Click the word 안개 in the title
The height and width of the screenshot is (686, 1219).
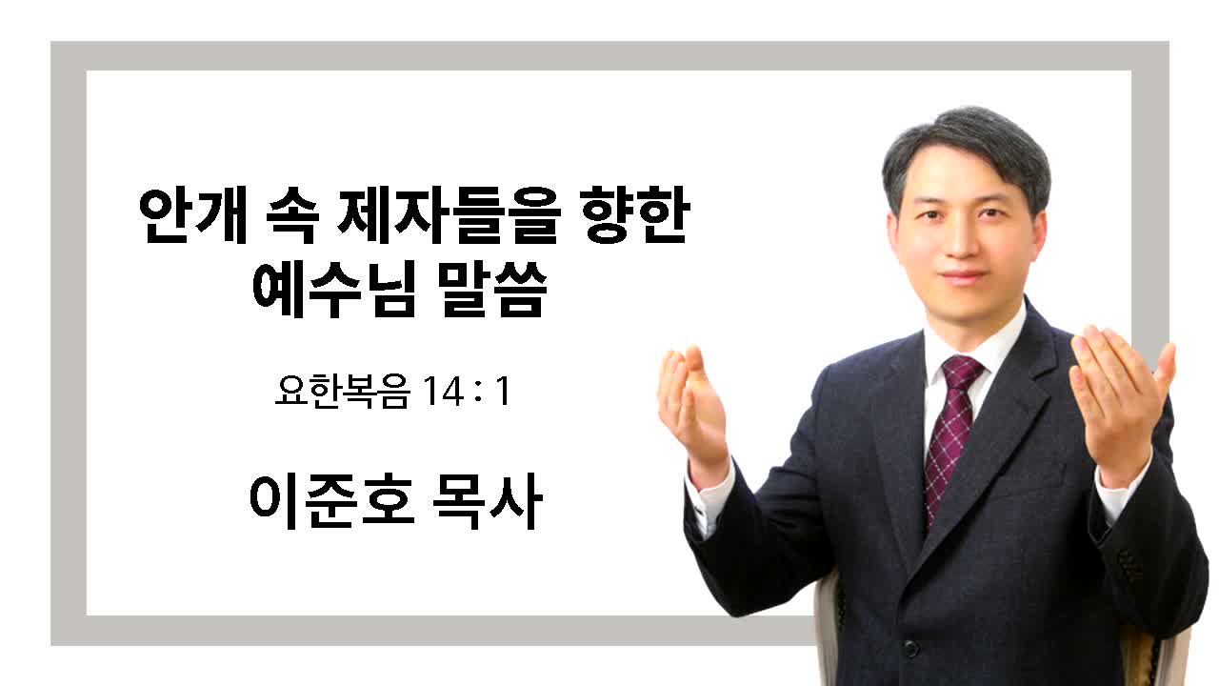click(x=193, y=215)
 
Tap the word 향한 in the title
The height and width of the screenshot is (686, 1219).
click(x=635, y=215)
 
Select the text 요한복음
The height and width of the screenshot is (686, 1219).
click(x=342, y=391)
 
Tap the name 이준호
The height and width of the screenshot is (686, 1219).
click(x=332, y=501)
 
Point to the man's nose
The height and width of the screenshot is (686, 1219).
click(x=962, y=239)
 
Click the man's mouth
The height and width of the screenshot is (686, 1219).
click(x=963, y=275)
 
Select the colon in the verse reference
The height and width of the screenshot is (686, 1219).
click(x=478, y=391)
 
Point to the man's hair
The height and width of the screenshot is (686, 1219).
click(x=966, y=152)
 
